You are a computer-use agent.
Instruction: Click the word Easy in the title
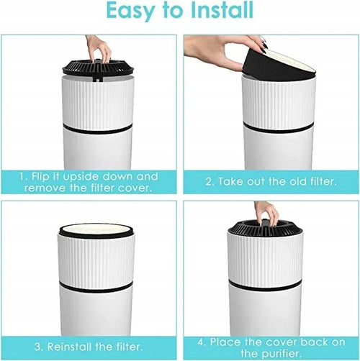(130, 12)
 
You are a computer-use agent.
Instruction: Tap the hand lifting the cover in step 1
(99, 49)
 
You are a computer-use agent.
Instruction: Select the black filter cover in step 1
(98, 68)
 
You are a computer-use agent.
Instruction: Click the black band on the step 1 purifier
(97, 129)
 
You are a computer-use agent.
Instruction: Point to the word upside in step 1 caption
(78, 177)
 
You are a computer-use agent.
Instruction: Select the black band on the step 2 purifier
(278, 127)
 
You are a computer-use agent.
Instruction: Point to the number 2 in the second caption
(210, 182)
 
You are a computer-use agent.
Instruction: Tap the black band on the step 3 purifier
(96, 288)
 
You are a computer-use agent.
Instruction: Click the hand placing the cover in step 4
(267, 214)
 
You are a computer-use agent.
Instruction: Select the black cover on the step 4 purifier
(264, 228)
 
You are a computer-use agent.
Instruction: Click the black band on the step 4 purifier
(264, 285)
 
